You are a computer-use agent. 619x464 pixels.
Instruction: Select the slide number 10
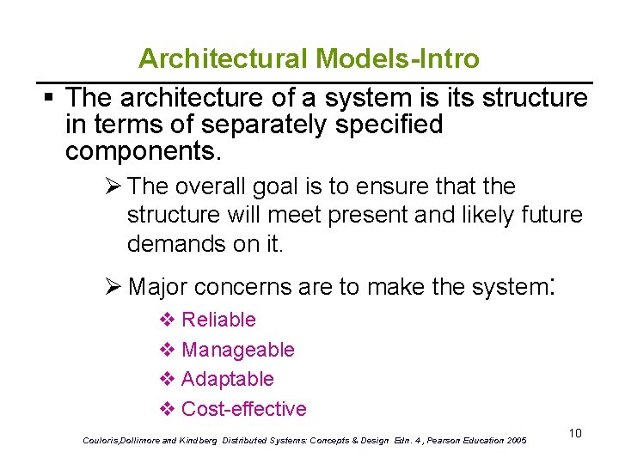click(x=575, y=433)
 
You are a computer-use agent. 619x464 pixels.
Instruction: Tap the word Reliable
click(x=218, y=320)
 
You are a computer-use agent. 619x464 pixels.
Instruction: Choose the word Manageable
click(x=237, y=350)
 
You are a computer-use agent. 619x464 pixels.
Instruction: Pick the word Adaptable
click(x=227, y=379)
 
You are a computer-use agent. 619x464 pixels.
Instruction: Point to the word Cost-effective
click(x=243, y=409)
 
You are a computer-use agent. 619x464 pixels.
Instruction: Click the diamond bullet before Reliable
click(x=168, y=320)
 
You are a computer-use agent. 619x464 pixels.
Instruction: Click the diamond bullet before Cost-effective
click(x=168, y=409)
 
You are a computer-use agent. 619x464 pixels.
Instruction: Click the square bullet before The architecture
click(x=52, y=96)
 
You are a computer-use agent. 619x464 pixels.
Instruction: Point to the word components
click(x=143, y=152)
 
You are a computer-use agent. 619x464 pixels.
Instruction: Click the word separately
click(x=257, y=125)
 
